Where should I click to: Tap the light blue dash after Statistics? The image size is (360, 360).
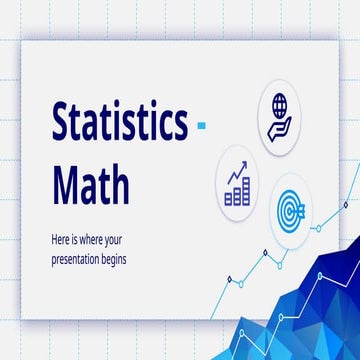202,127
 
